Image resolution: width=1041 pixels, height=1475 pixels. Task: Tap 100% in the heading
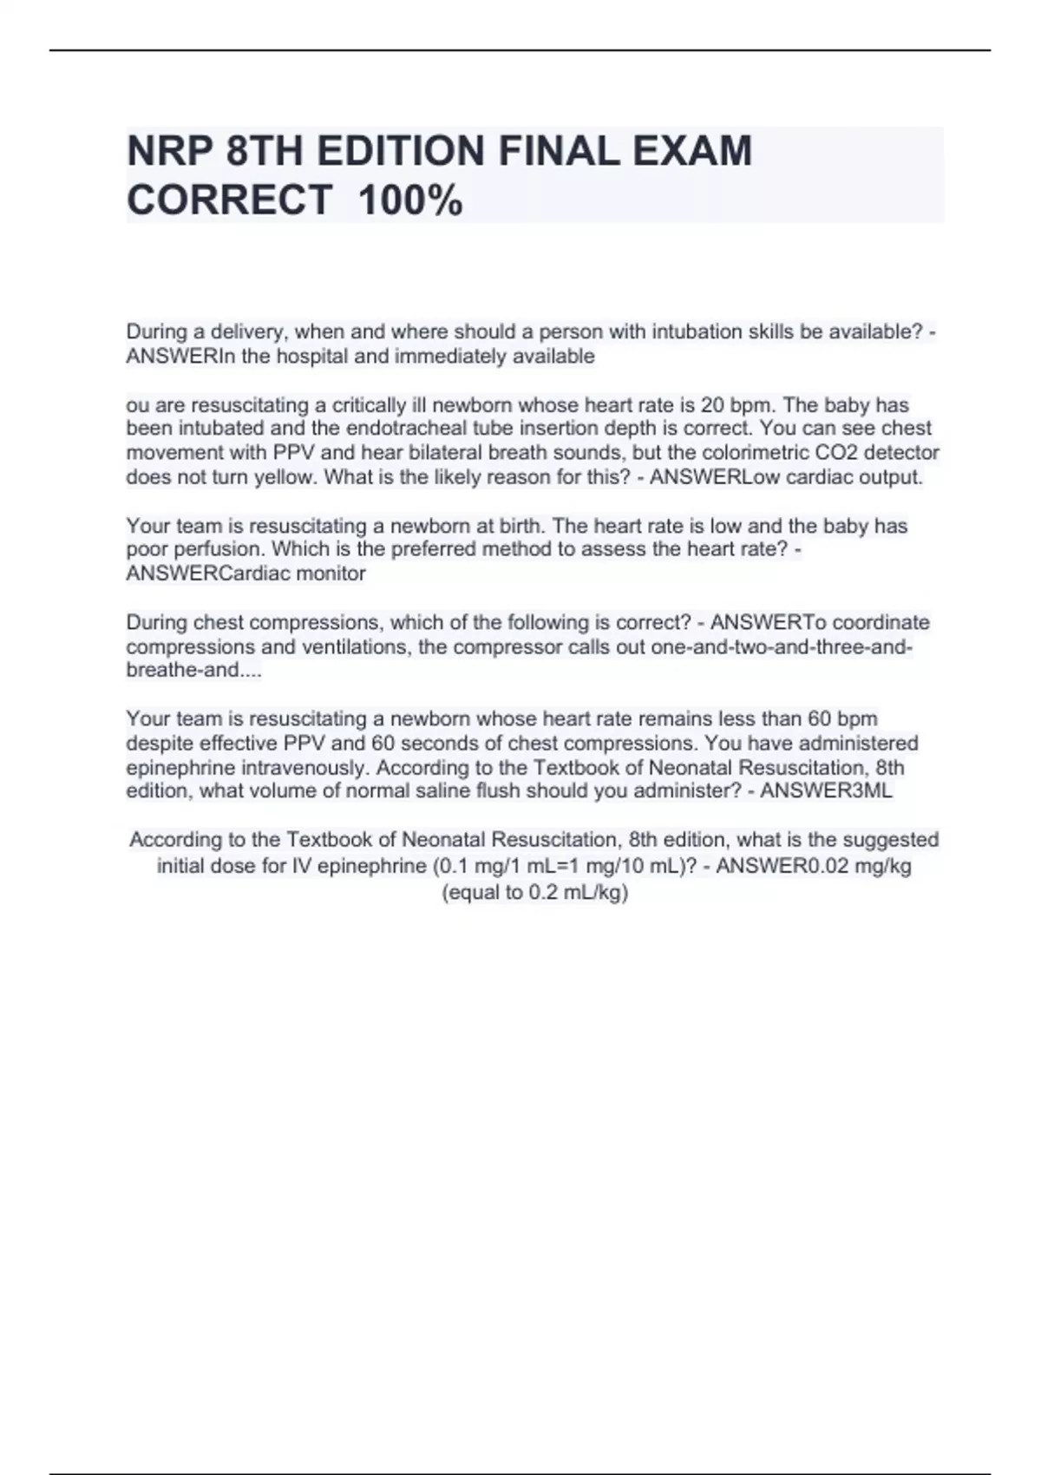point(410,201)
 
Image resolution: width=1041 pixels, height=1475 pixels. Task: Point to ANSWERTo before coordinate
point(769,623)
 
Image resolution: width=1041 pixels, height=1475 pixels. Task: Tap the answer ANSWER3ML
point(826,791)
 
